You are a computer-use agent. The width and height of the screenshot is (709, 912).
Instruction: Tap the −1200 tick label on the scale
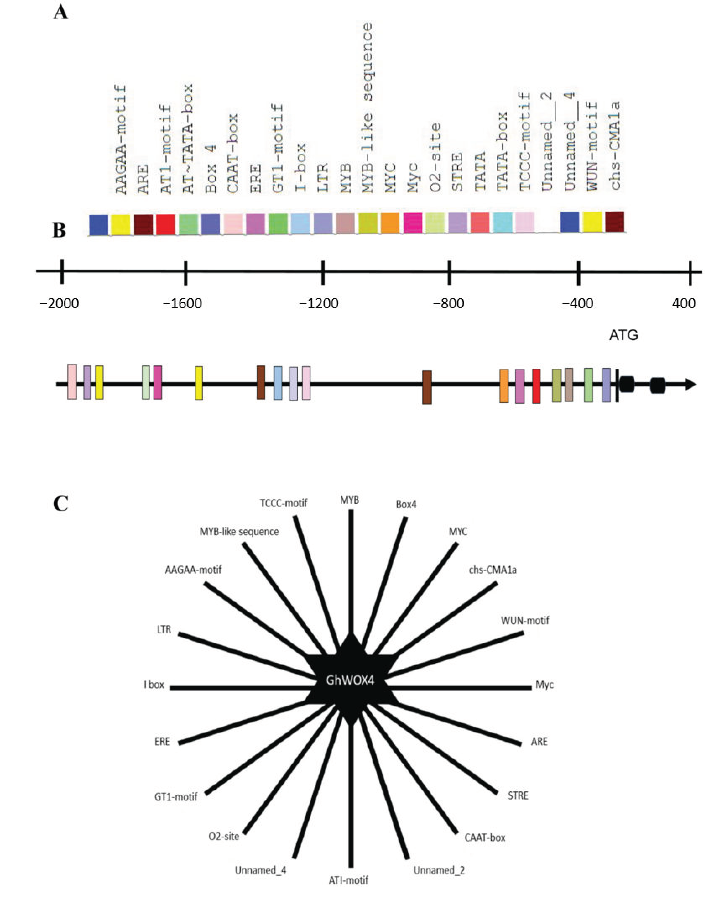319,304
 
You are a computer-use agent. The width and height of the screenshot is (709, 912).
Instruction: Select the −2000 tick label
59,304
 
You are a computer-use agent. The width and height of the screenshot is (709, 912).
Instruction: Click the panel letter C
61,504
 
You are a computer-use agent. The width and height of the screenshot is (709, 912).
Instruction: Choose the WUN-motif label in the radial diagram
525,621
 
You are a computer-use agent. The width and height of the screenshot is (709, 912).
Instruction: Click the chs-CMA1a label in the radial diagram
493,570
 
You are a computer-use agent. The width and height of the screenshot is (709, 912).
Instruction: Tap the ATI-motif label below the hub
348,880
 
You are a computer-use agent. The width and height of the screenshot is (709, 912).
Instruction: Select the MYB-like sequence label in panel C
239,531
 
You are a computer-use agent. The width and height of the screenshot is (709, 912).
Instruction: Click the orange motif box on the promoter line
504,386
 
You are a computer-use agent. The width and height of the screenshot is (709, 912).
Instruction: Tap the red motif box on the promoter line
536,386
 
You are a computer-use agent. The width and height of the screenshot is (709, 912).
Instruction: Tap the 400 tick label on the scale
684,304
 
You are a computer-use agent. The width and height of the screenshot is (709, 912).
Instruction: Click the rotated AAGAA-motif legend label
121,140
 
